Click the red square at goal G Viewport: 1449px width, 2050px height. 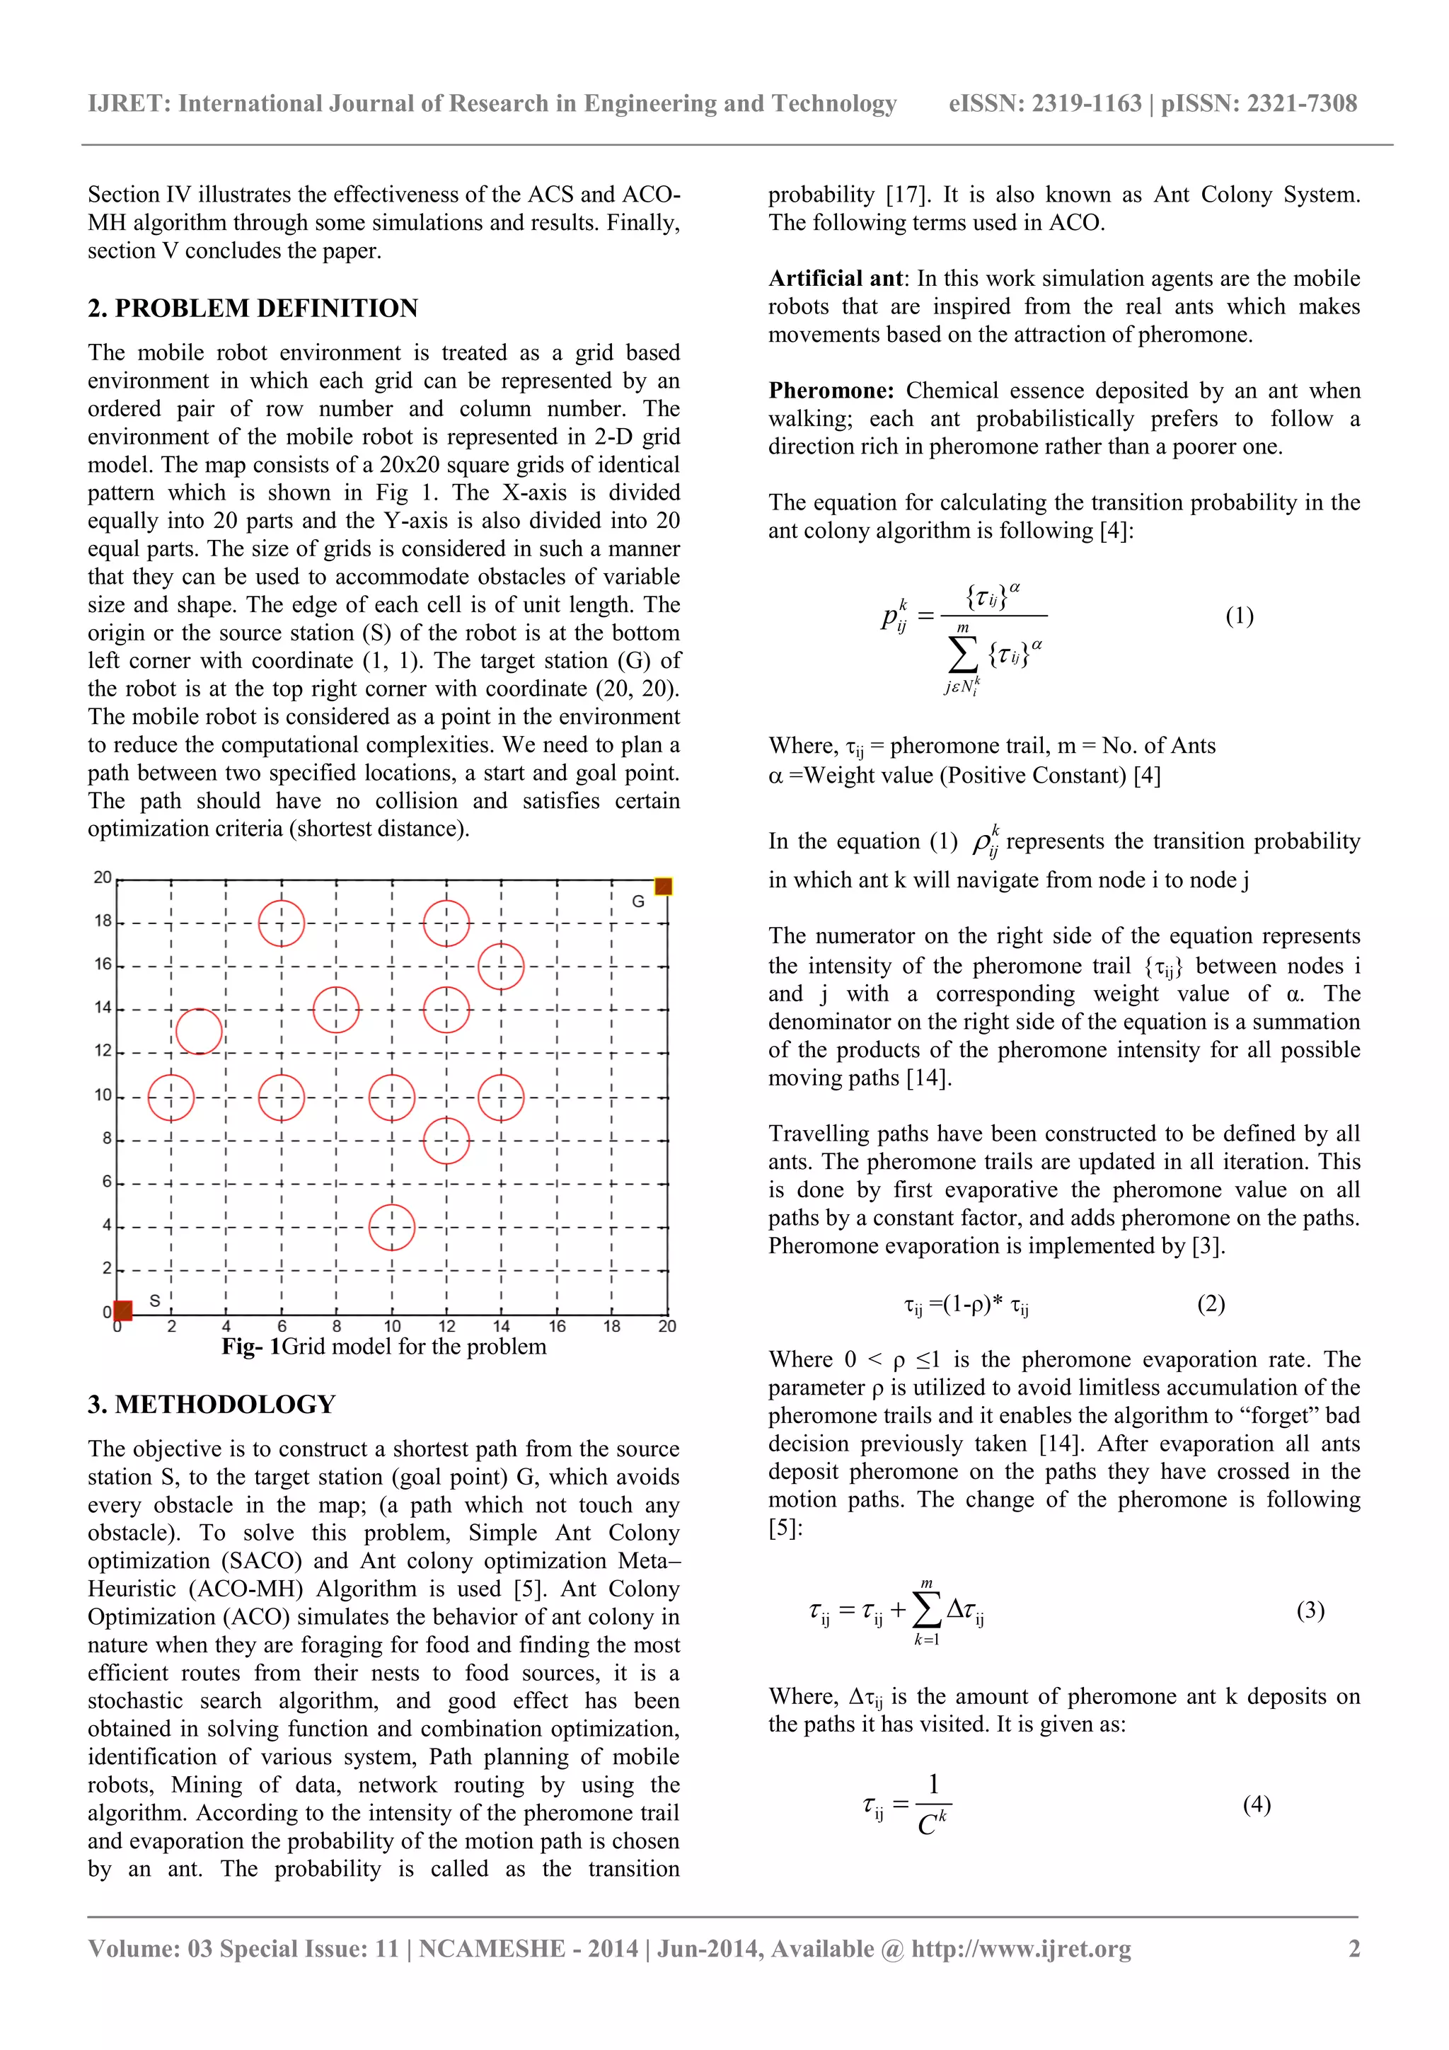pos(662,887)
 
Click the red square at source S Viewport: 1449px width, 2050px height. pos(123,1310)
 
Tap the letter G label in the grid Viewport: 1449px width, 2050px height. pos(637,902)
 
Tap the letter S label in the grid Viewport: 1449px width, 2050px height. pos(154,1301)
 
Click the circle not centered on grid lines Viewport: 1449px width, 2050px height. pos(198,1031)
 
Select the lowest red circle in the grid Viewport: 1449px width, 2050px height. pos(392,1227)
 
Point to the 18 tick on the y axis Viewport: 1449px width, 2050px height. pos(103,921)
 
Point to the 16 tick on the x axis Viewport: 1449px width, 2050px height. pos(557,1327)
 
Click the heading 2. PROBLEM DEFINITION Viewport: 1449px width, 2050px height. pos(253,308)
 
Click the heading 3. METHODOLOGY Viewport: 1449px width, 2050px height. pos(212,1405)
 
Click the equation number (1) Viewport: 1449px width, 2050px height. pos(1239,616)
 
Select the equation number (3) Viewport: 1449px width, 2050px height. pos(1310,1610)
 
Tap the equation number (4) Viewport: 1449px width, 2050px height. pos(1256,1804)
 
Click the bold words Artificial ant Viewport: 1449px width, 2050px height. pos(836,279)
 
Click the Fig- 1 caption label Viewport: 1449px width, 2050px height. pos(251,1347)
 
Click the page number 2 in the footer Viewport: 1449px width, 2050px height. pos(1353,1949)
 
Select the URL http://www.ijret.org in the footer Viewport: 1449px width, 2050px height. pos(1020,1949)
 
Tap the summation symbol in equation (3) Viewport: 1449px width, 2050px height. pos(927,1610)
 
